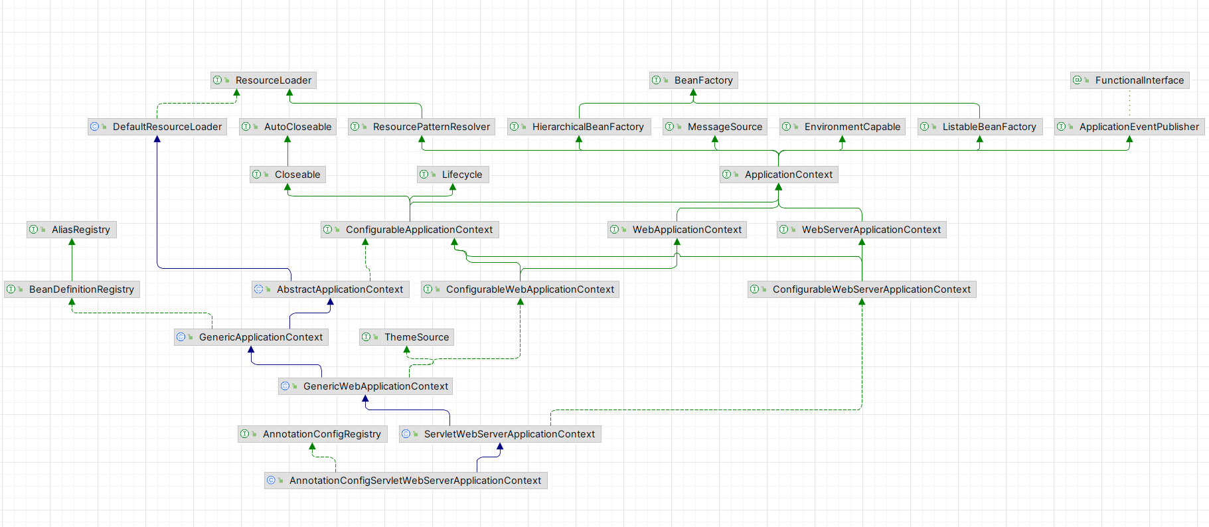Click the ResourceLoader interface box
pyautogui.click(x=264, y=80)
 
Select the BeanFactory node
pyautogui.click(x=694, y=80)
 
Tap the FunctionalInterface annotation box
pyautogui.click(x=1130, y=80)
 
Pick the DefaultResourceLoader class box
pyautogui.click(x=157, y=127)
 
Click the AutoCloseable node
pyautogui.click(x=288, y=127)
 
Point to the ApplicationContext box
pyautogui.click(x=779, y=175)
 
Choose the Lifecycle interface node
pyautogui.click(x=453, y=175)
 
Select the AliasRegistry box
pyautogui.click(x=72, y=230)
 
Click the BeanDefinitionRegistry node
pyautogui.click(x=72, y=289)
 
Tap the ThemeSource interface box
pyautogui.click(x=407, y=337)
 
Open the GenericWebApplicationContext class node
pyautogui.click(x=366, y=386)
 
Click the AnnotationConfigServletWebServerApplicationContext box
pyautogui.click(x=406, y=481)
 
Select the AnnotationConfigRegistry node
pyautogui.click(x=313, y=434)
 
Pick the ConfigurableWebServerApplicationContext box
pyautogui.click(x=862, y=289)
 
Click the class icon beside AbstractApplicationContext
pyautogui.click(x=259, y=289)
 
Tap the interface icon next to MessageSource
pyautogui.click(x=670, y=127)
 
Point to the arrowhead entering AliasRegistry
pyautogui.click(x=72, y=242)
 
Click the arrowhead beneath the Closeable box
pyautogui.click(x=287, y=188)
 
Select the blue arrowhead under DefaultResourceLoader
pyautogui.click(x=157, y=139)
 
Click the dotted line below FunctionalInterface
pyautogui.click(x=1129, y=104)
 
